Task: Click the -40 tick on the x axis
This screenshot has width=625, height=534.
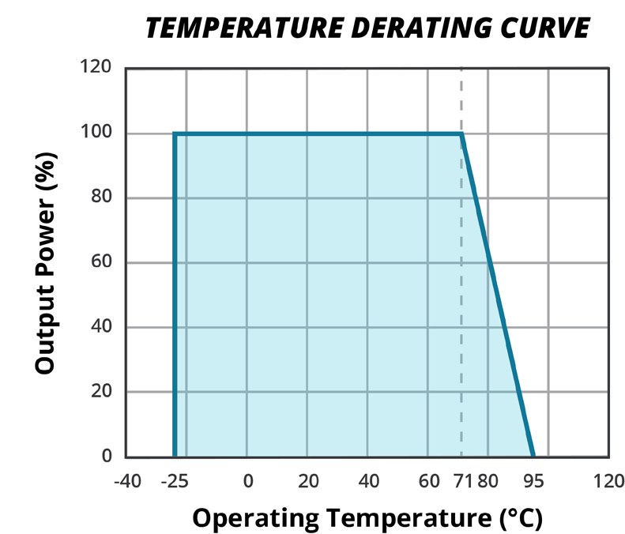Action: pyautogui.click(x=126, y=481)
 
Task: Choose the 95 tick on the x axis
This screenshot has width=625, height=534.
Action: pyautogui.click(x=533, y=481)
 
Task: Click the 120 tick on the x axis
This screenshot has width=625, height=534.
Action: pyautogui.click(x=608, y=481)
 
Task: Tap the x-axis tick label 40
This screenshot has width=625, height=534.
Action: pyautogui.click(x=367, y=481)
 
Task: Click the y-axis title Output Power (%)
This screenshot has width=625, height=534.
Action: pyautogui.click(x=46, y=263)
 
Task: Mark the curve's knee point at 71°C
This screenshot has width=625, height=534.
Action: pyautogui.click(x=461, y=133)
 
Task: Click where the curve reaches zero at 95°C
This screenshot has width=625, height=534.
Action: pyautogui.click(x=533, y=456)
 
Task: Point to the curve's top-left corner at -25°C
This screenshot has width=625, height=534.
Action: pyautogui.click(x=174, y=133)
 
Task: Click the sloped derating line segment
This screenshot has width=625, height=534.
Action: pyautogui.click(x=498, y=295)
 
